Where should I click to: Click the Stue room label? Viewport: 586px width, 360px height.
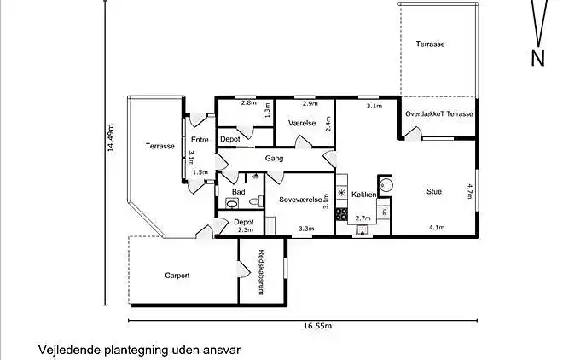[434, 192]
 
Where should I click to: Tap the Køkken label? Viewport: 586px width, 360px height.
[363, 195]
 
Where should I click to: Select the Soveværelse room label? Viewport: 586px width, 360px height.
[299, 200]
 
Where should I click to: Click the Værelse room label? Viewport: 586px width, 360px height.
[302, 123]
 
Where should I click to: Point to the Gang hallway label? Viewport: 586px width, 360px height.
[274, 158]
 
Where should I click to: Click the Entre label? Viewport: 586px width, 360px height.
[200, 140]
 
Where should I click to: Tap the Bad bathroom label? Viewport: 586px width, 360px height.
[238, 192]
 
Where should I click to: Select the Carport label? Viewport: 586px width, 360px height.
[177, 276]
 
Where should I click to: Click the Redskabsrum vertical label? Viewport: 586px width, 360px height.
[263, 271]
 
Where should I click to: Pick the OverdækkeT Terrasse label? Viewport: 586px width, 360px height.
[439, 113]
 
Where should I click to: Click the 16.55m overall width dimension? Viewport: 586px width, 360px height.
[316, 326]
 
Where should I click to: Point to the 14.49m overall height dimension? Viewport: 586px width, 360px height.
[110, 136]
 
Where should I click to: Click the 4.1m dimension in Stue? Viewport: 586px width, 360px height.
[437, 227]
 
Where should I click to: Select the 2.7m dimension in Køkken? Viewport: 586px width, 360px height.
[363, 218]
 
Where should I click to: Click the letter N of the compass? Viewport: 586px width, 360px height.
[537, 58]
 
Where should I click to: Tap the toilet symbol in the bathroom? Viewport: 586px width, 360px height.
[232, 204]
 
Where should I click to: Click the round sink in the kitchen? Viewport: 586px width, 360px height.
[385, 184]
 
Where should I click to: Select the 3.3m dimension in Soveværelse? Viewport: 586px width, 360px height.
[306, 228]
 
